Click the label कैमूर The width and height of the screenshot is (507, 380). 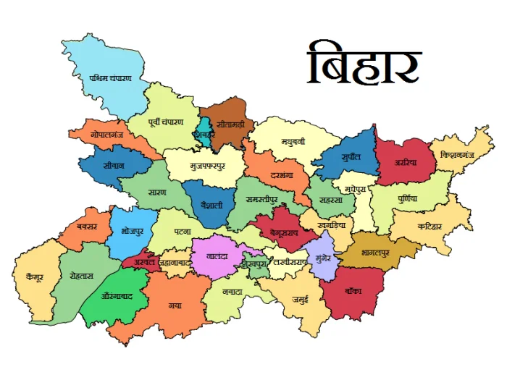[30, 275]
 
